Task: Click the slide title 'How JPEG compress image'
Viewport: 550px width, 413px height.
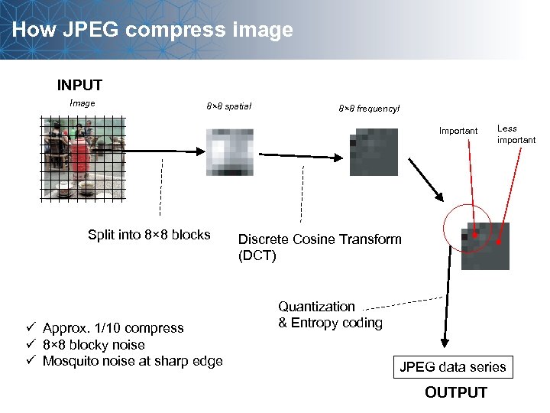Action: click(153, 31)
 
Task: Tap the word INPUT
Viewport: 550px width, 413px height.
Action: click(79, 85)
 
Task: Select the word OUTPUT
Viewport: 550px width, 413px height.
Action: click(455, 392)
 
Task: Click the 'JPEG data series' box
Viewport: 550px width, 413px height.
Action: click(453, 367)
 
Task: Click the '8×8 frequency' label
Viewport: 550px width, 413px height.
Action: click(368, 109)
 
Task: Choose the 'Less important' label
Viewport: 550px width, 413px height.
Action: click(516, 135)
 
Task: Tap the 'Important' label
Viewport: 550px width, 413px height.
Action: click(458, 131)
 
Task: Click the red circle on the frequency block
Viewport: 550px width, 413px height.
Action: click(468, 229)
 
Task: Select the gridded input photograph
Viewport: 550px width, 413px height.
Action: click(82, 159)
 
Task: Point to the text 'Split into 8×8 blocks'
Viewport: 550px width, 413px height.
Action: click(149, 235)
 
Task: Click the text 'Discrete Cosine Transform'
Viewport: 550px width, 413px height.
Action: click(320, 239)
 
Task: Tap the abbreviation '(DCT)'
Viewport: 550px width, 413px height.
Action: click(257, 255)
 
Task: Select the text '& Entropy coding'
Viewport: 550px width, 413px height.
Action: click(330, 323)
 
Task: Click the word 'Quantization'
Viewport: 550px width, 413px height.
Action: click(316, 307)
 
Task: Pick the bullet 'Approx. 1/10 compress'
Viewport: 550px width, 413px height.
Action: click(113, 328)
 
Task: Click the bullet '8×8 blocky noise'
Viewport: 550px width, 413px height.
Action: click(93, 344)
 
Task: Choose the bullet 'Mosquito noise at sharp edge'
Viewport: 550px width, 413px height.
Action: click(132, 361)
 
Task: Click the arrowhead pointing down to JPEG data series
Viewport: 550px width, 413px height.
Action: click(442, 346)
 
